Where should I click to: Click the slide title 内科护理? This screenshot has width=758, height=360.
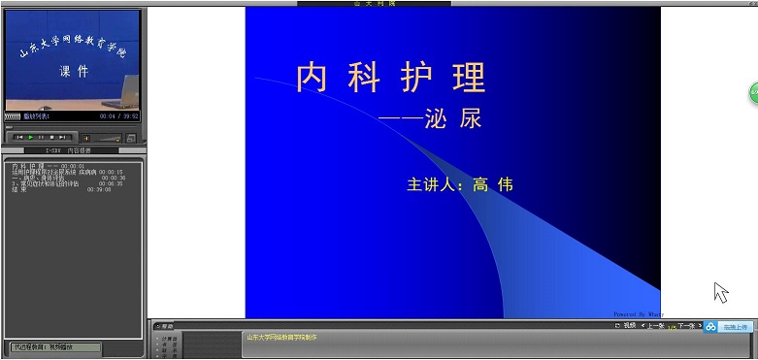tap(390, 78)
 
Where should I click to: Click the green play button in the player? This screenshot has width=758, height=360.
tap(31, 137)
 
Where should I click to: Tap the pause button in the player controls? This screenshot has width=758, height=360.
tap(42, 137)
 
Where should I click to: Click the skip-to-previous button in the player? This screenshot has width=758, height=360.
tap(18, 137)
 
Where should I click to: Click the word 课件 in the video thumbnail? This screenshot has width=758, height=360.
tap(74, 71)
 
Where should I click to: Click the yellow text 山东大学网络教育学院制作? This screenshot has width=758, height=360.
tap(281, 337)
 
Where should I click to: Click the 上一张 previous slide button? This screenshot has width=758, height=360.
tap(654, 326)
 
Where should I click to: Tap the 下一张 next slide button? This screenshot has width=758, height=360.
tap(686, 326)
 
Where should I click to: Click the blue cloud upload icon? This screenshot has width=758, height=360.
tap(710, 328)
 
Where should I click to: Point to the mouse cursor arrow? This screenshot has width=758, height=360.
tap(719, 291)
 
